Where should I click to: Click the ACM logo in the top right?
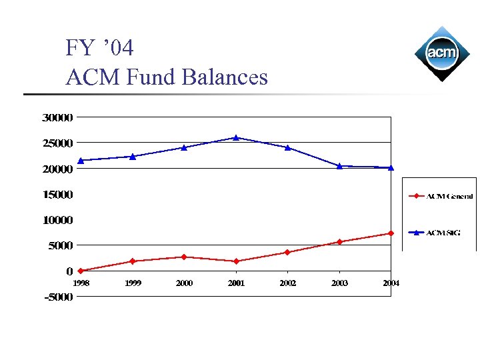(x=441, y=53)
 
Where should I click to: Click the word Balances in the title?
(x=225, y=77)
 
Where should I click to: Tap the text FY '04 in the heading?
(x=100, y=48)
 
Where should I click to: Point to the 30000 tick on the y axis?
(x=57, y=118)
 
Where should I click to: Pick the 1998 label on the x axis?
(x=81, y=283)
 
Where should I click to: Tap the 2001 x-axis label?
(x=236, y=283)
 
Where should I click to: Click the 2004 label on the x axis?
(x=391, y=283)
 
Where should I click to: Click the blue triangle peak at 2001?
(x=236, y=137)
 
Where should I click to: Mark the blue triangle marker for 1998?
(x=81, y=160)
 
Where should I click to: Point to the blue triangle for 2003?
(x=339, y=165)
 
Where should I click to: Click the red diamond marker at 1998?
(x=81, y=271)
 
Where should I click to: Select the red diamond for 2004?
(x=391, y=233)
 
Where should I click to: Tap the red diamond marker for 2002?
(x=287, y=252)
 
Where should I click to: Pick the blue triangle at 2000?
(x=184, y=147)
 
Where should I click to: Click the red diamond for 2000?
(x=184, y=257)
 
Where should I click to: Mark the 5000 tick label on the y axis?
(x=60, y=245)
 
